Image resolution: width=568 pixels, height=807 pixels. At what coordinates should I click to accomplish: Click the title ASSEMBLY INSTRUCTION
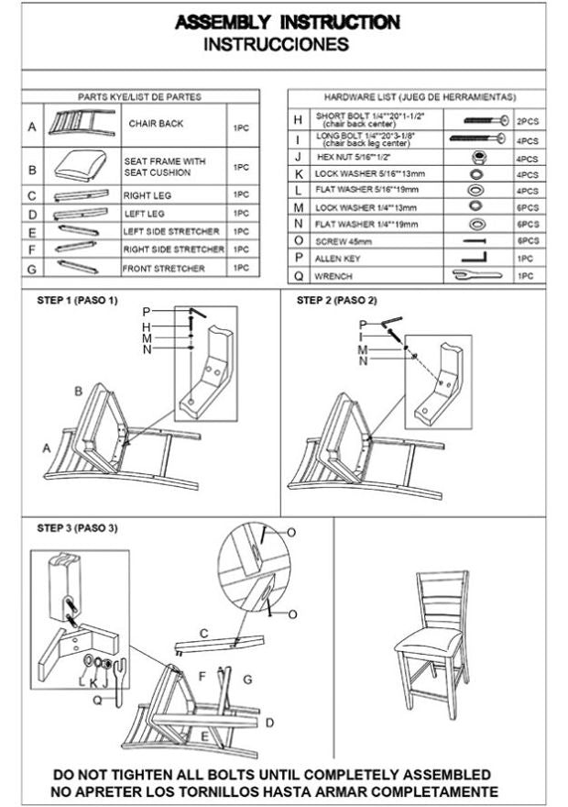pos(287,22)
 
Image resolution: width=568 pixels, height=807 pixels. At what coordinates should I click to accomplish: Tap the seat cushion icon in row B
pos(82,166)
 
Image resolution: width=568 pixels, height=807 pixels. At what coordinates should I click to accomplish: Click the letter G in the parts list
pos(32,269)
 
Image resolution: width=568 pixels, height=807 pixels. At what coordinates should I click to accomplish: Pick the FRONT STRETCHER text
pos(165,269)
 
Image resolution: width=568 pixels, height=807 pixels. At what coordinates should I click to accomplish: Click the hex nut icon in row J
pos(476,158)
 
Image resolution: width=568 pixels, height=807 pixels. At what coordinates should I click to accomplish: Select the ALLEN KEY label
pos(339,259)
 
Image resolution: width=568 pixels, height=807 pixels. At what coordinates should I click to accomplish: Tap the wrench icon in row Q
pos(477,274)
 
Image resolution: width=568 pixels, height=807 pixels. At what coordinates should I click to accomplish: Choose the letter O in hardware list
pos(298,240)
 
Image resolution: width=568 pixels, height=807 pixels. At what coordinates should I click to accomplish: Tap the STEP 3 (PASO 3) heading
pos(77,528)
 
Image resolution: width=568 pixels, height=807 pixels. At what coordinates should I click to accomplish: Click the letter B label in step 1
pos(80,392)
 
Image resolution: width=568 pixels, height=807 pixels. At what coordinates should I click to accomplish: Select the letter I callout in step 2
pos(364,337)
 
